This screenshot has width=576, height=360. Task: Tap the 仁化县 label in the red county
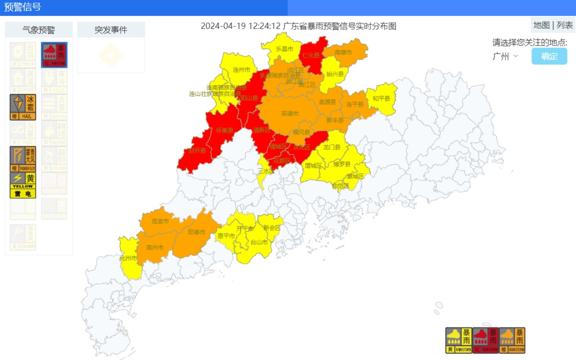point(311,55)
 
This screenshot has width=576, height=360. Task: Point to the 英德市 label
point(290,114)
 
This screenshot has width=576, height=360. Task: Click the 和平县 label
point(381,99)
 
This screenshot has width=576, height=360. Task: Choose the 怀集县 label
point(225,130)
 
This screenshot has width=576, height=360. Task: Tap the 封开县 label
point(198,151)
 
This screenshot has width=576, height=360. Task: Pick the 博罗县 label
point(342,164)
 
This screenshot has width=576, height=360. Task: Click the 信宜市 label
point(160,221)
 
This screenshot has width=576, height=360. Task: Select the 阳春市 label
point(197,233)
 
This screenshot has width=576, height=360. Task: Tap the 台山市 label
point(259,242)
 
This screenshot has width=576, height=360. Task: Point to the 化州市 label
point(128,259)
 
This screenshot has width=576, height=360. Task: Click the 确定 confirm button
point(549,57)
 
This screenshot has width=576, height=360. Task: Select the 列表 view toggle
point(565,25)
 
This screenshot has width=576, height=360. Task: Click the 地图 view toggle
point(541,25)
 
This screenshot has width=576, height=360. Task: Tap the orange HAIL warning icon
point(23,107)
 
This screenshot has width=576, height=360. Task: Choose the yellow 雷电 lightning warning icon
point(23,185)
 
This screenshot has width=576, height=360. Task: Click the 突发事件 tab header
point(111,30)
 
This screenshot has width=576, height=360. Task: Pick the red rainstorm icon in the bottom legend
point(485,340)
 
